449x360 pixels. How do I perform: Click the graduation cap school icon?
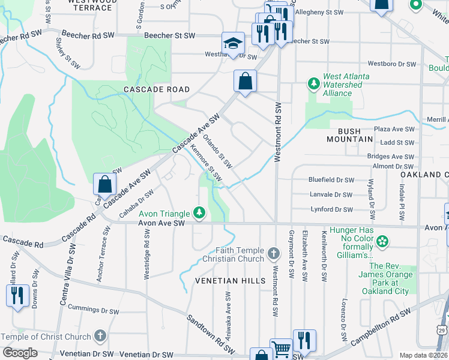coord(233,43)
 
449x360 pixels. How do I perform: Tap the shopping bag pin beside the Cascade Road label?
coord(245,81)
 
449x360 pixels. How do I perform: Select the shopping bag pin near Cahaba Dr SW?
coord(104,185)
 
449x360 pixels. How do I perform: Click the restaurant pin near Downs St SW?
coord(17,296)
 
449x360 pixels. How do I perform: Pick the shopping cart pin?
coord(281,349)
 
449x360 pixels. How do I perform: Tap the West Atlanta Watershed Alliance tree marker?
coord(312,82)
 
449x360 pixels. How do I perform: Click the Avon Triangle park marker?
coord(199,213)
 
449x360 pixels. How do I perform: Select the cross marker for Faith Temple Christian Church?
coord(274,254)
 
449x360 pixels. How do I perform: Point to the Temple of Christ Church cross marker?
coord(100,337)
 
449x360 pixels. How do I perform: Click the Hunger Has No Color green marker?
coord(382,242)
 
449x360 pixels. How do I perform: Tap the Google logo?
coord(20,353)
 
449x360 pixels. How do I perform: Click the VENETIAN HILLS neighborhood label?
coord(230,281)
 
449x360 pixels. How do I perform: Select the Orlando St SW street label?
coord(217,151)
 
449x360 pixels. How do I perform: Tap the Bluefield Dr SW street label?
coord(331,179)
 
